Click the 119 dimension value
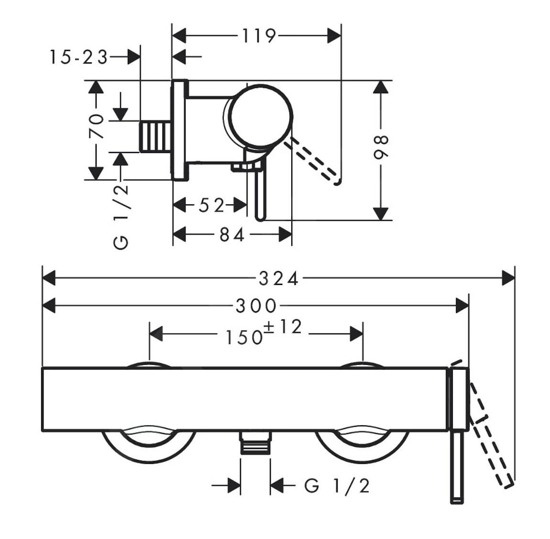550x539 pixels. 259,36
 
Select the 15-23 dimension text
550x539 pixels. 78,57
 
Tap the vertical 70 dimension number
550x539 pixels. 97,126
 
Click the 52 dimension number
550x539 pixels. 211,206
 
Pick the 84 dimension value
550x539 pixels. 232,235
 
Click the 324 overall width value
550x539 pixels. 278,278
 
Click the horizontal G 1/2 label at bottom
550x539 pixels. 337,486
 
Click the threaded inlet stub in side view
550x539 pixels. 155,137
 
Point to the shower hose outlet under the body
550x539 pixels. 255,442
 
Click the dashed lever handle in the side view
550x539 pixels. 313,161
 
